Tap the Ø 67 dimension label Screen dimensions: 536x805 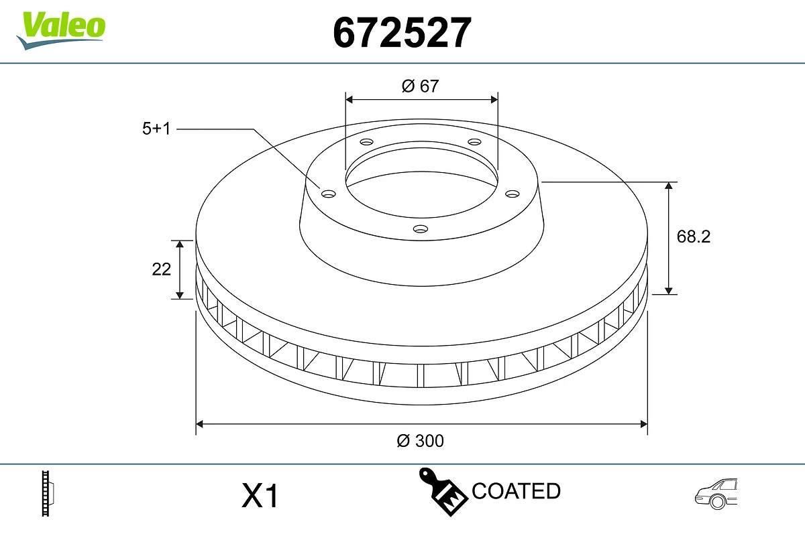click(420, 86)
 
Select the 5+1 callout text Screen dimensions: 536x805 click(156, 129)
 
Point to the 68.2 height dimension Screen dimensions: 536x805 click(693, 237)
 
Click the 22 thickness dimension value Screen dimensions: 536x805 click(162, 269)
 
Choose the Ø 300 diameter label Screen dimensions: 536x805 click(421, 440)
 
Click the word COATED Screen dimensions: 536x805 click(516, 491)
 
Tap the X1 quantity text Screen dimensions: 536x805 click(260, 497)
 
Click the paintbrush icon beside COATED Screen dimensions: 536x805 click(443, 492)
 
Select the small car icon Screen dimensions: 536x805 click(716, 494)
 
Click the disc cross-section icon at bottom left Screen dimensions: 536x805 click(48, 494)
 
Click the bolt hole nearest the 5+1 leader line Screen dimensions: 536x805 click(328, 194)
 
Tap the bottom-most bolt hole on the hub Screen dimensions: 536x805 click(421, 229)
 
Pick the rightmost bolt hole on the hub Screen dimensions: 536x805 click(513, 194)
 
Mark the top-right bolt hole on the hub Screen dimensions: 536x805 click(475, 142)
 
